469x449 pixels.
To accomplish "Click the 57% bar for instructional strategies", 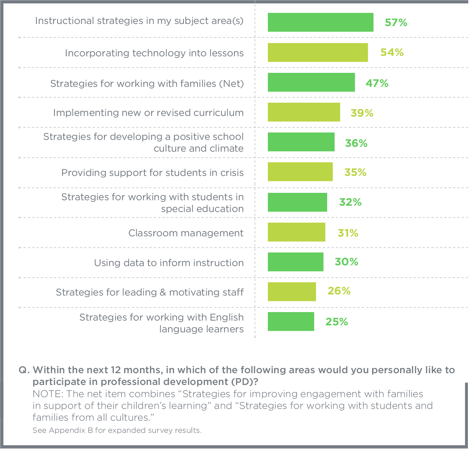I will pos(320,22).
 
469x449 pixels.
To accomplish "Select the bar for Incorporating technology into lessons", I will pos(318,53).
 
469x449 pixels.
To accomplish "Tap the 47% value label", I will pos(377,83).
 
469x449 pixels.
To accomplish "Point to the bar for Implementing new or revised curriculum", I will pos(304,112).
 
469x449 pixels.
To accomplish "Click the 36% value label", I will pos(356,143).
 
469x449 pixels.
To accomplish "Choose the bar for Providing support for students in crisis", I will pos(300,172).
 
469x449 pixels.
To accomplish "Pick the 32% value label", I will pos(350,202).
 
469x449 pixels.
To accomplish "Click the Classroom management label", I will pos(186,233).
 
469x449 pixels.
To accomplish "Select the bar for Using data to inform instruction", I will pos(295,262).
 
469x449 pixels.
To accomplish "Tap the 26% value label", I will pos(339,291).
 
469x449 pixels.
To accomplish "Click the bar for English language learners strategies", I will pos(291,322).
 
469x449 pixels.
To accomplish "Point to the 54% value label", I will pos(392,53).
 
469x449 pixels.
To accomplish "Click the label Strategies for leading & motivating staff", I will pos(150,292).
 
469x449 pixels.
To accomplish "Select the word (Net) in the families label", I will pos(231,84).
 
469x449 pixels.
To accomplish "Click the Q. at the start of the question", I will pos(24,370).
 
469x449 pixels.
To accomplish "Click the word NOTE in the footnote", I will pos(47,394).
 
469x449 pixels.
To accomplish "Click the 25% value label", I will pos(336,322).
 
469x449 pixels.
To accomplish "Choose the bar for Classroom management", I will pos(296,232).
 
